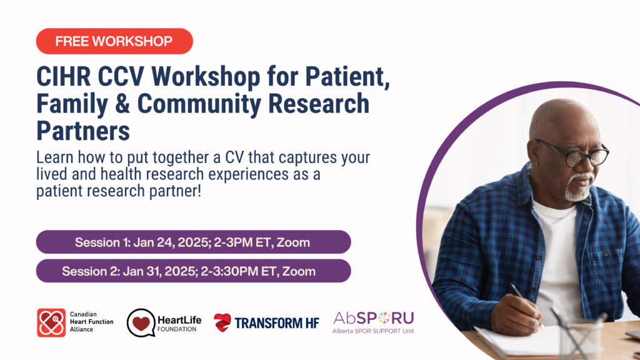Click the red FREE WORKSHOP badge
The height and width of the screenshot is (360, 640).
point(114,41)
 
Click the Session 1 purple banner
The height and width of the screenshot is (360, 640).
point(193,242)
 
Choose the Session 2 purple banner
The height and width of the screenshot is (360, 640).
point(193,271)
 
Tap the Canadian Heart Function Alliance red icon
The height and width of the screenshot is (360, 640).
point(51,322)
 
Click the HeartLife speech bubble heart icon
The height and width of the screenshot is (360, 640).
point(142,322)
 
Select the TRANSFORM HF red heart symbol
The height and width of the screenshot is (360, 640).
point(222,322)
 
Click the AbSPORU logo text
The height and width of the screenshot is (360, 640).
point(373,317)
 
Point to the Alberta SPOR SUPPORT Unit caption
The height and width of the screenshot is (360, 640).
point(373,331)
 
